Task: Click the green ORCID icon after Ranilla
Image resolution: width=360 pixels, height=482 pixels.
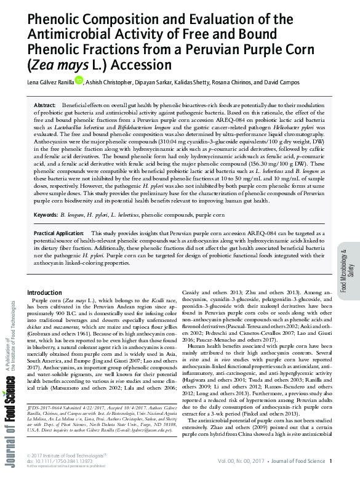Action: pyautogui.click(x=79, y=79)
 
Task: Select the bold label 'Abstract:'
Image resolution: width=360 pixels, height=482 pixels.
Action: pyautogui.click(x=45, y=106)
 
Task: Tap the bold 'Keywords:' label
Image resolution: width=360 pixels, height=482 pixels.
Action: pyautogui.click(x=46, y=215)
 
